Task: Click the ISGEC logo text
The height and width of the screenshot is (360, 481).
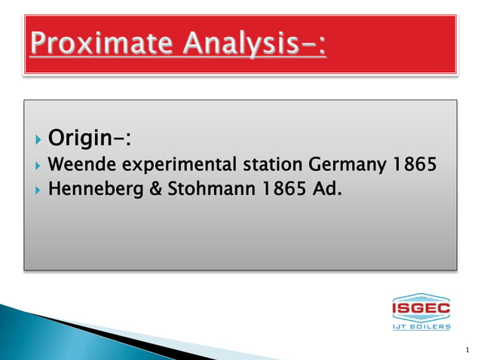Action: [x=421, y=308]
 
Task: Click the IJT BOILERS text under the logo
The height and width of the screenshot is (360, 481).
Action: [x=421, y=326]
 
